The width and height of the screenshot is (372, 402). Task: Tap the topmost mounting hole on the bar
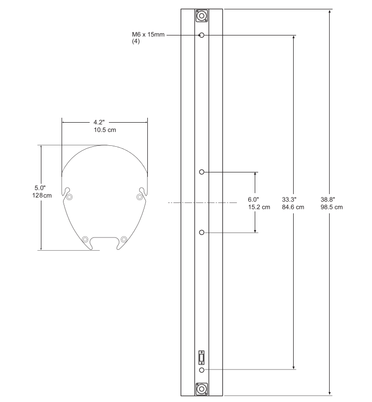pos(202,35)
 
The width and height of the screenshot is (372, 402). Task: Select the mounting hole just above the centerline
pos(202,172)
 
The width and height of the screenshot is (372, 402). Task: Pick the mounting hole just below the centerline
pos(202,232)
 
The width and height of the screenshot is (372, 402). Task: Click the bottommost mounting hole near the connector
pos(202,369)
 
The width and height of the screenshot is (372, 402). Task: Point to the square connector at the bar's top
pos(202,16)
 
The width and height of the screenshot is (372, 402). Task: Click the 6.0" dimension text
pos(253,200)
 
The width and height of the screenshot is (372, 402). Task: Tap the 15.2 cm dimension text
pos(259,207)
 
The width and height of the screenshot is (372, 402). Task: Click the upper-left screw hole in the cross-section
pos(69,198)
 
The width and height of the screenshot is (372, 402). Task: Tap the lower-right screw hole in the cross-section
pos(124,239)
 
